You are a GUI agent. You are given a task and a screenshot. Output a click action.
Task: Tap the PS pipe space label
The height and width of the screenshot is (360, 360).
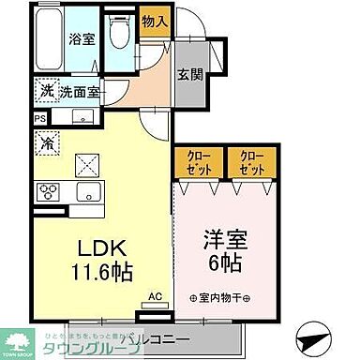coord(39,119)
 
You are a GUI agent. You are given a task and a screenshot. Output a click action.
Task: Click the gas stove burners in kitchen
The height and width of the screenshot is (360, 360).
coord(47,192)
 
